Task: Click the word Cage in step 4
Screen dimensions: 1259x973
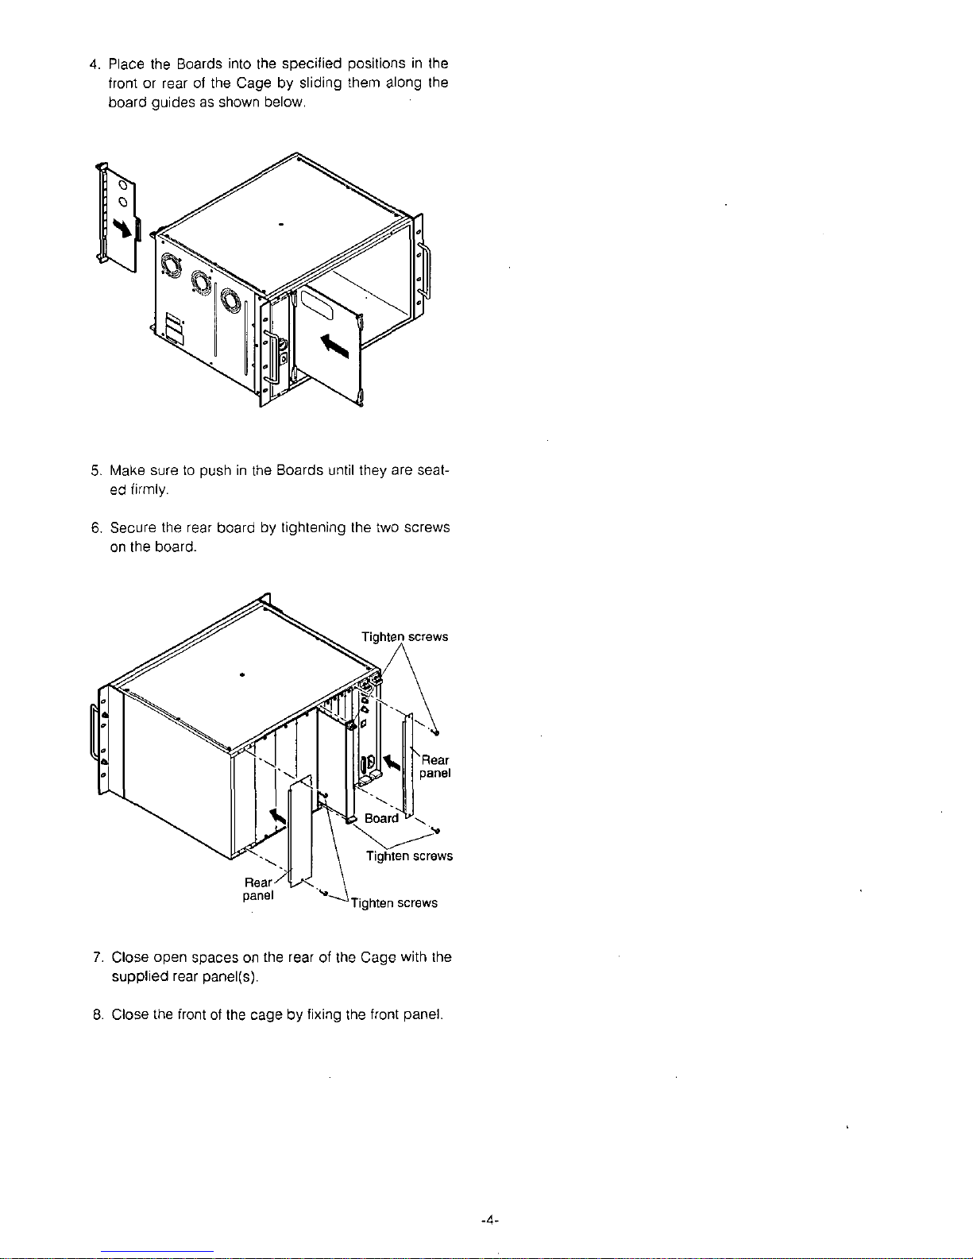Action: (233, 83)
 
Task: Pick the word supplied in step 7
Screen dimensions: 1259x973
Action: (141, 977)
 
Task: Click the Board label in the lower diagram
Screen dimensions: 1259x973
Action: (381, 819)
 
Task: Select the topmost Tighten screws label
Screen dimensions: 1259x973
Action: (404, 637)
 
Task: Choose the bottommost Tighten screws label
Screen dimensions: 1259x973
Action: (395, 903)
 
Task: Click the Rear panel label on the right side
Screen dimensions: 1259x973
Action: (435, 767)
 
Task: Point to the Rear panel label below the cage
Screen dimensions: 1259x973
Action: (258, 889)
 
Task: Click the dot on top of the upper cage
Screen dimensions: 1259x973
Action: (282, 225)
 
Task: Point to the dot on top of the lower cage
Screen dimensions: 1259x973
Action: (240, 674)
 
